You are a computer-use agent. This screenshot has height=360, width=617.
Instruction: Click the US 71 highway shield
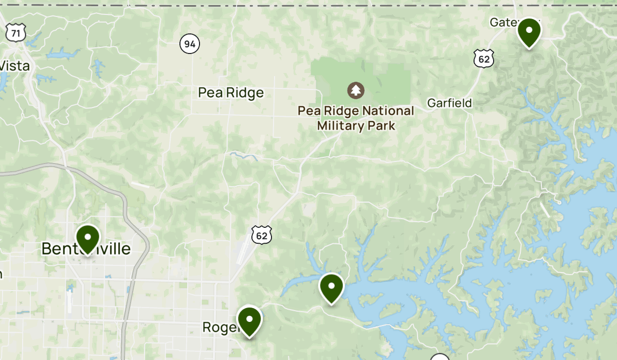pyautogui.click(x=16, y=33)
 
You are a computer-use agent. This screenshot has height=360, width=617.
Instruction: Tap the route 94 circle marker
pyautogui.click(x=190, y=44)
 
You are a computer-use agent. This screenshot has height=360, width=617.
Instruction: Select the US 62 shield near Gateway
pyautogui.click(x=484, y=59)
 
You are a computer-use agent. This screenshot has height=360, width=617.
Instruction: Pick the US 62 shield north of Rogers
pyautogui.click(x=262, y=235)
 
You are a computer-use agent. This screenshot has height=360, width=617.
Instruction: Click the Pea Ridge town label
pyautogui.click(x=231, y=93)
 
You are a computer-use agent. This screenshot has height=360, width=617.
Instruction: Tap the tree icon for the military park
pyautogui.click(x=355, y=91)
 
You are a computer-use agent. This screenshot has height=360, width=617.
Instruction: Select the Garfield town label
pyautogui.click(x=449, y=103)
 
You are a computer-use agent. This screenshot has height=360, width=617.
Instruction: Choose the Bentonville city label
pyautogui.click(x=86, y=249)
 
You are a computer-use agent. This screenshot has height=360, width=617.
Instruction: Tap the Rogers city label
pyautogui.click(x=219, y=327)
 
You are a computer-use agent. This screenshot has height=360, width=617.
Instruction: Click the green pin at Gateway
pyautogui.click(x=529, y=31)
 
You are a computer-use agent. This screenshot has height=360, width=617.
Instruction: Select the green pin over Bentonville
pyautogui.click(x=88, y=239)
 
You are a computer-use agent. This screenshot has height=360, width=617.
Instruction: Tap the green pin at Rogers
pyautogui.click(x=249, y=320)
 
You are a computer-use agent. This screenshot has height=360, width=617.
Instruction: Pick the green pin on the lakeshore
pyautogui.click(x=332, y=286)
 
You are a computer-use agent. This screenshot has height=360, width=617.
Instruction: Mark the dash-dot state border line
pyautogui.click(x=308, y=6)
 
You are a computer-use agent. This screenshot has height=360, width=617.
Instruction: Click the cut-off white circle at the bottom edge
pyautogui.click(x=440, y=357)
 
